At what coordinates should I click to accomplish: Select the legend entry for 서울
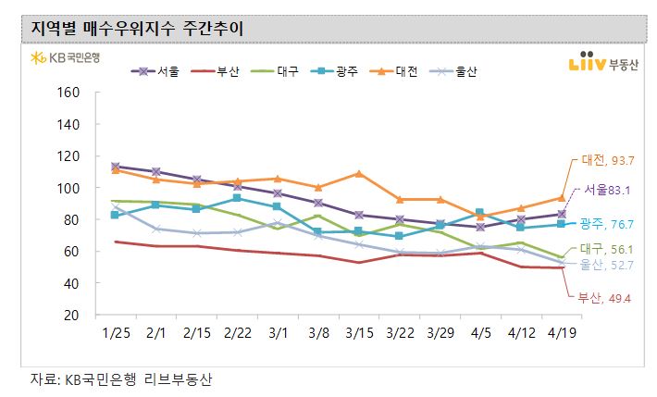(158, 71)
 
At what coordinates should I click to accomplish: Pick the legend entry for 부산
(217, 71)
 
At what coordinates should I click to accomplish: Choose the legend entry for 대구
(275, 71)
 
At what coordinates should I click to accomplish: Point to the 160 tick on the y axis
(70, 93)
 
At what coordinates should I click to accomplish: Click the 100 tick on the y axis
(70, 188)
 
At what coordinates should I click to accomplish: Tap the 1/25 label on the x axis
(115, 330)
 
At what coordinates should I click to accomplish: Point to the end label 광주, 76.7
(603, 223)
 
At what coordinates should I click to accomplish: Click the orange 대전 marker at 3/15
(358, 173)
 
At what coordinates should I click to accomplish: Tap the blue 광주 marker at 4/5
(479, 213)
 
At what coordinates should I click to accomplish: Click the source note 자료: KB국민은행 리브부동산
(116, 379)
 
